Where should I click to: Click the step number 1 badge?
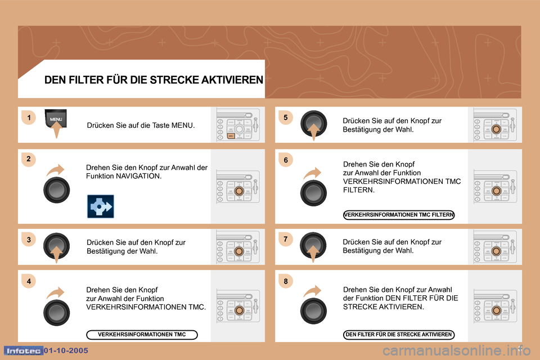pyautogui.click(x=29, y=118)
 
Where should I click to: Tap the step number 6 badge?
pyautogui.click(x=286, y=160)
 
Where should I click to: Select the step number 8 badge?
pyautogui.click(x=286, y=281)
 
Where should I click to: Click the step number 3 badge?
pyautogui.click(x=29, y=240)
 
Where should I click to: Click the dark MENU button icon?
pyautogui.click(x=56, y=119)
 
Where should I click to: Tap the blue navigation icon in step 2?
pyautogui.click(x=101, y=206)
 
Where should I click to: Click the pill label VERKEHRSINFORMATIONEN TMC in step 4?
pyautogui.click(x=142, y=335)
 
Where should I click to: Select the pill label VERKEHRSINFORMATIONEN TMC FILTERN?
pyautogui.click(x=399, y=215)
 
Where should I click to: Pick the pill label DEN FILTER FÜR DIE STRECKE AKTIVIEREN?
pyautogui.click(x=399, y=335)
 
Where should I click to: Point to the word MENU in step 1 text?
pyautogui.click(x=182, y=125)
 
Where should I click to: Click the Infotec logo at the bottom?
pyautogui.click(x=24, y=350)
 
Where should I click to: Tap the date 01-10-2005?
pyautogui.click(x=66, y=350)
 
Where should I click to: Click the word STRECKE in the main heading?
pyautogui.click(x=174, y=80)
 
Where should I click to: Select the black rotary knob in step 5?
pyautogui.click(x=313, y=123)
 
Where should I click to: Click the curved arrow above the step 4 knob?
pyautogui.click(x=56, y=293)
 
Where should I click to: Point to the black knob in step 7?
pyautogui.click(x=313, y=245)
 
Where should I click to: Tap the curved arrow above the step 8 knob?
pyautogui.click(x=312, y=291)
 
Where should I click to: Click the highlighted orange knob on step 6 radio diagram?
pyautogui.click(x=496, y=191)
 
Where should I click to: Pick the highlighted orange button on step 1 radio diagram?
pyautogui.click(x=231, y=136)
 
